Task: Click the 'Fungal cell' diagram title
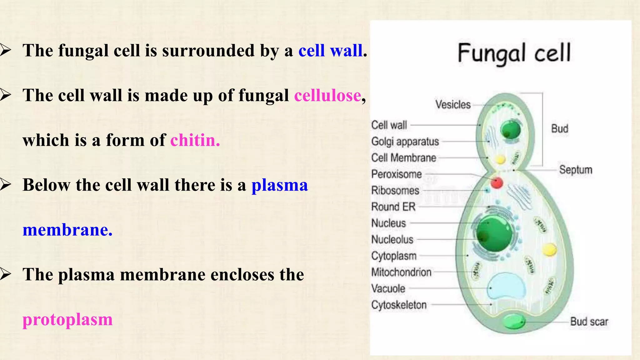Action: pyautogui.click(x=514, y=53)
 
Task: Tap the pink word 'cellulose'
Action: pyautogui.click(x=327, y=95)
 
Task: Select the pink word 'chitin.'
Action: pyautogui.click(x=195, y=140)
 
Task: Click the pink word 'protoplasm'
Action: pyautogui.click(x=67, y=319)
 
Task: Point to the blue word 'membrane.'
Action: pyautogui.click(x=67, y=230)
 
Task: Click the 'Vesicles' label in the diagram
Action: pyautogui.click(x=453, y=104)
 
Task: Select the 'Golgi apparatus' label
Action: pyautogui.click(x=405, y=142)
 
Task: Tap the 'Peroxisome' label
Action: pyautogui.click(x=396, y=174)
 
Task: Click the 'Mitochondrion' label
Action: pyautogui.click(x=401, y=272)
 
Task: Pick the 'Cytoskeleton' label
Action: pyautogui.click(x=399, y=305)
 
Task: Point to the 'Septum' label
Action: pyautogui.click(x=576, y=170)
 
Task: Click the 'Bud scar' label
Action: pyautogui.click(x=589, y=321)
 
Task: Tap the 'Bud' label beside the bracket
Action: pyautogui.click(x=559, y=128)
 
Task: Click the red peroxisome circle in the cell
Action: pyautogui.click(x=497, y=182)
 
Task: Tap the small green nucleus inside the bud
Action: pyautogui.click(x=511, y=130)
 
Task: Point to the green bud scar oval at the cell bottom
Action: pyautogui.click(x=514, y=322)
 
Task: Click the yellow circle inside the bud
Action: pyautogui.click(x=500, y=160)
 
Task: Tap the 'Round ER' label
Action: pyautogui.click(x=393, y=207)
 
